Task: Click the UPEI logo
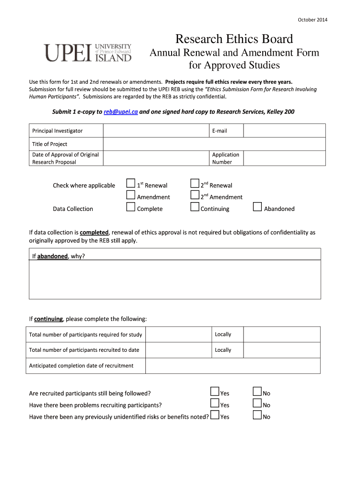point(87,52)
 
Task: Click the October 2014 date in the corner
point(313,20)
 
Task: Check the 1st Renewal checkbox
point(131,184)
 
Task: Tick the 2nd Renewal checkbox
point(195,184)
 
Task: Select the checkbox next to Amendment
point(131,196)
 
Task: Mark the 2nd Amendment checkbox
point(195,196)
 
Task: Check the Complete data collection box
point(131,207)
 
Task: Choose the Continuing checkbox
point(195,207)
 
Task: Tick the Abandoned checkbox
point(257,207)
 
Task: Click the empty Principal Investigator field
point(156,131)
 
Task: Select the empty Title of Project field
point(214,144)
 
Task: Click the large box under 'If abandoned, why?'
point(175,279)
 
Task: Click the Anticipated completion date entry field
point(232,366)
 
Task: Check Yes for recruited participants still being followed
point(215,392)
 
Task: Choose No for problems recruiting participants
point(257,404)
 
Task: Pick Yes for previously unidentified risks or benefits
point(215,415)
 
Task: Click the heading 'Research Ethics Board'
point(234,39)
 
